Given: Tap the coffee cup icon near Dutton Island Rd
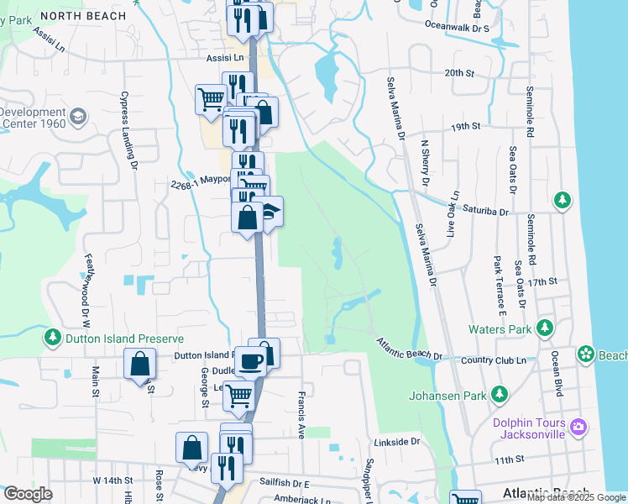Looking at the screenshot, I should [250, 361].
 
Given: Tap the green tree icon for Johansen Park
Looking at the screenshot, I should [500, 393].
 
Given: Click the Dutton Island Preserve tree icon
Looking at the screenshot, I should [53, 338].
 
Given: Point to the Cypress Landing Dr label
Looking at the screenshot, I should [128, 130].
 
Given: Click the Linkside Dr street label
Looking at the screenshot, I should [397, 441].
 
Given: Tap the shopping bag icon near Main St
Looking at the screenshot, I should [139, 365].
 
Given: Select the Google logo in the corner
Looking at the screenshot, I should [28, 494].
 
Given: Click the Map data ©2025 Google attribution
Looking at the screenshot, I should [575, 496].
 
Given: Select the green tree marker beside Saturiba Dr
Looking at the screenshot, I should [562, 200].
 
